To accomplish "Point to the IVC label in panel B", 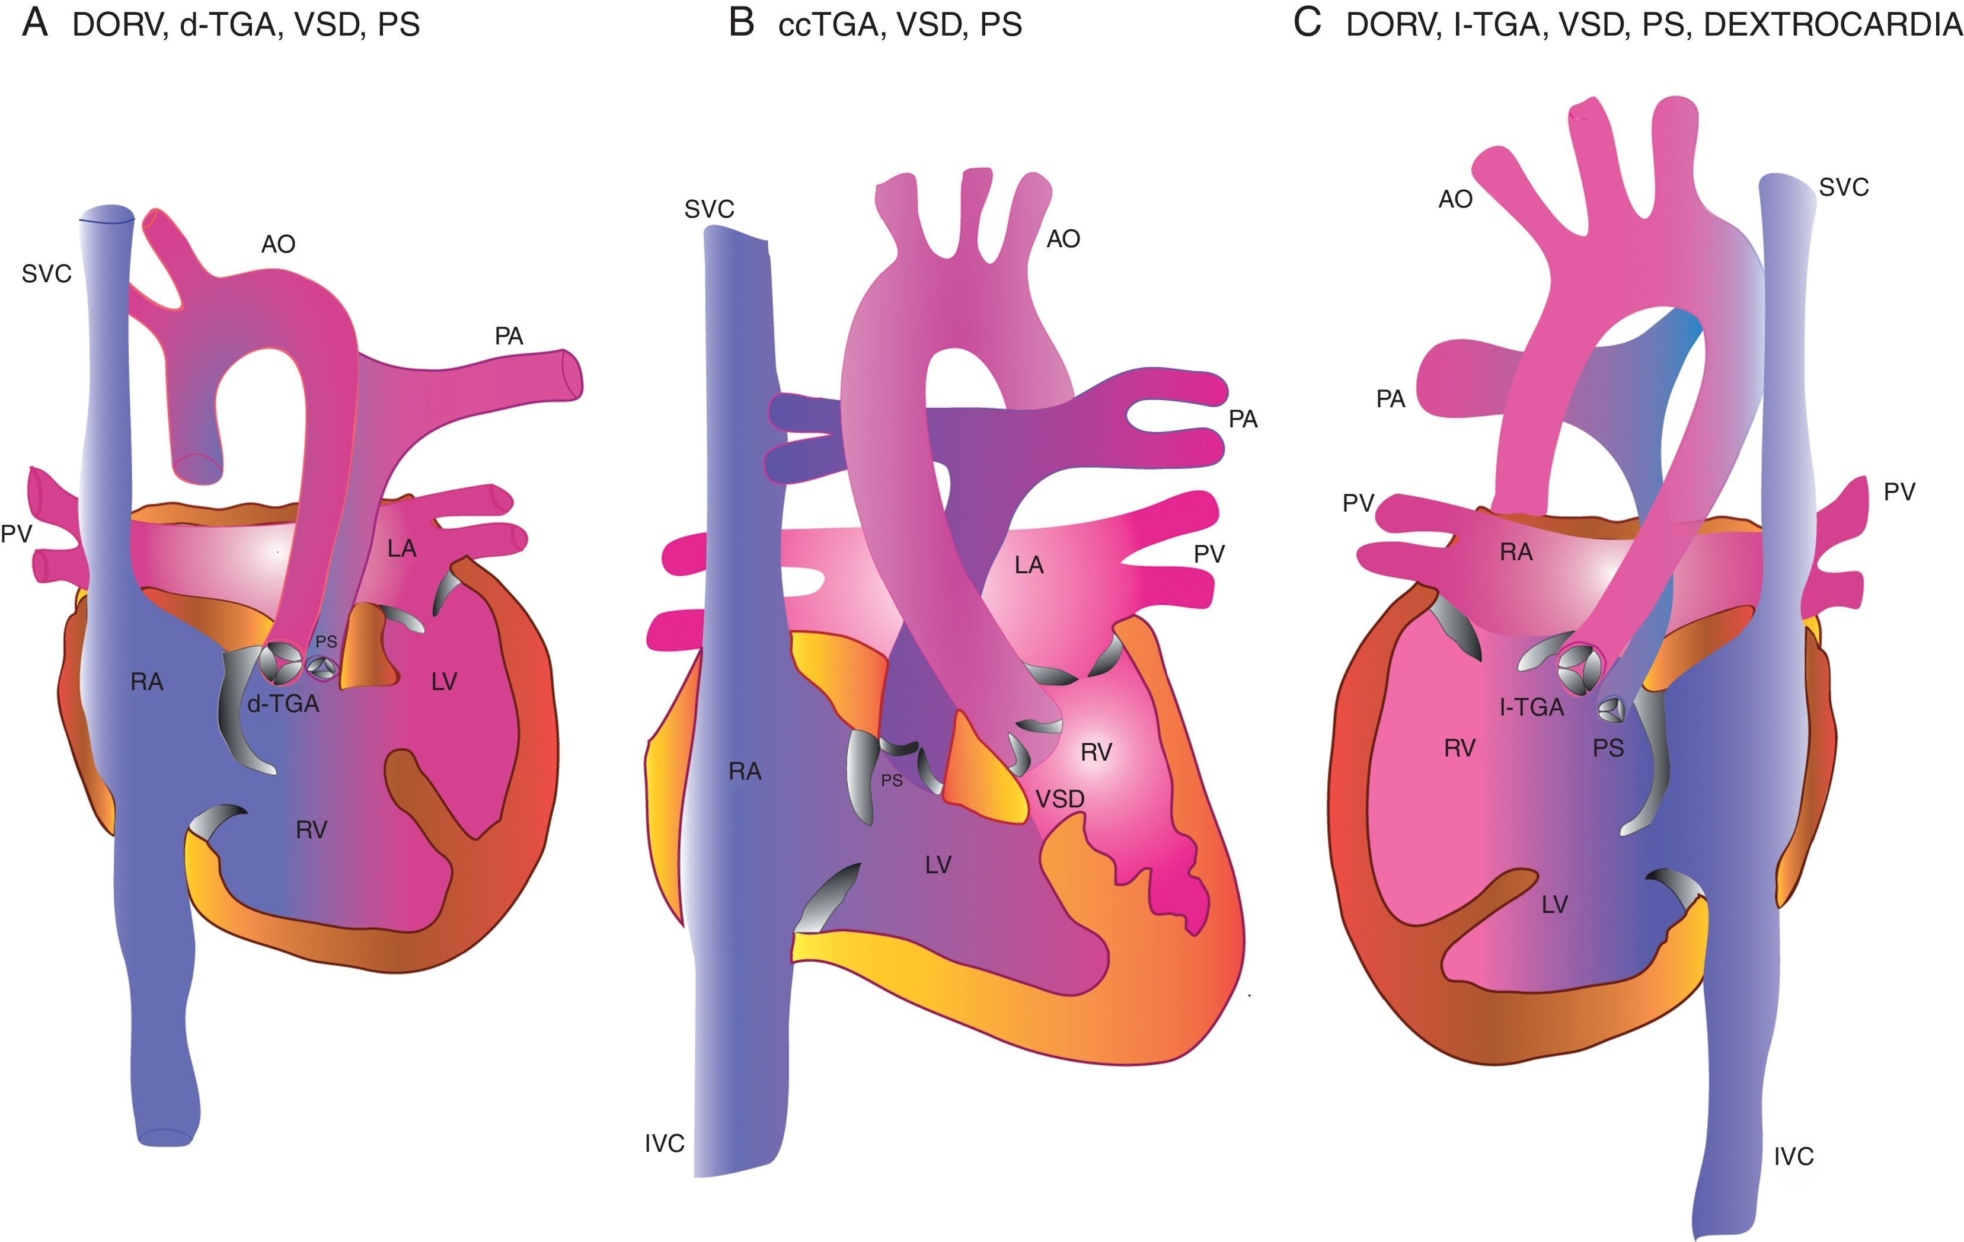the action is click(664, 1144).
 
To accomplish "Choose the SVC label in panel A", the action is click(46, 274).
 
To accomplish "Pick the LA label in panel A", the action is click(401, 549).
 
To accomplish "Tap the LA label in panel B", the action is click(1029, 565).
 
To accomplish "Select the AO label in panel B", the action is click(1063, 239).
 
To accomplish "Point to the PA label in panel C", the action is click(1391, 400).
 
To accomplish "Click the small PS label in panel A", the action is click(326, 642).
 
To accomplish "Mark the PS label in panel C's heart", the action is click(1608, 748).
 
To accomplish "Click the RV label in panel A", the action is click(312, 830).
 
